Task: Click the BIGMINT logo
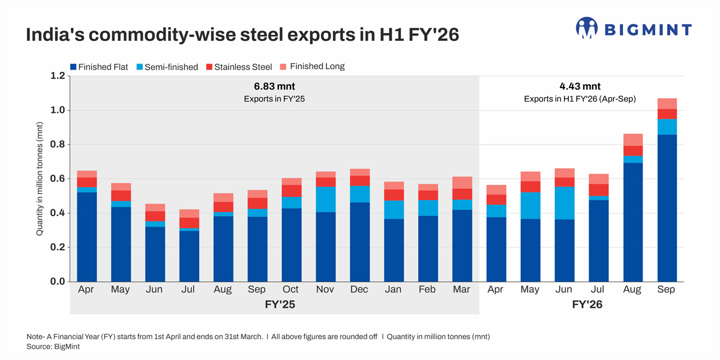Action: pyautogui.click(x=633, y=29)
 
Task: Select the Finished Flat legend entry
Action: pyautogui.click(x=99, y=67)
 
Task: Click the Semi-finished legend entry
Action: pyautogui.click(x=166, y=67)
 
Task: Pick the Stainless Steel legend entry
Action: pyautogui.click(x=238, y=67)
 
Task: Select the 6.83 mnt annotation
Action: pyautogui.click(x=274, y=86)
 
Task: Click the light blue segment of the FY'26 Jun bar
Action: pyautogui.click(x=564, y=203)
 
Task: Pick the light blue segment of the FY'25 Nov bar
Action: pyautogui.click(x=325, y=200)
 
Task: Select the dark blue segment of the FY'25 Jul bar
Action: pyautogui.click(x=189, y=256)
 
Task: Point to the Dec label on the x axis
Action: pyautogui.click(x=359, y=290)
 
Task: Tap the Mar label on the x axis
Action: pyautogui.click(x=462, y=290)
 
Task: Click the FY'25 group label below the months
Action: pyautogui.click(x=274, y=305)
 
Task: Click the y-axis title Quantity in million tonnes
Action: pyautogui.click(x=40, y=179)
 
